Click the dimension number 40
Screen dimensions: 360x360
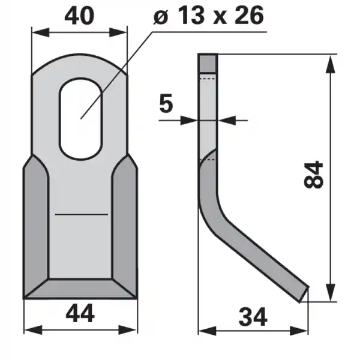79,16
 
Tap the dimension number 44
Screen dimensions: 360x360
80,313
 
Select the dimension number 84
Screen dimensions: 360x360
313,175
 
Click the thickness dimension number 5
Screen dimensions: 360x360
166,103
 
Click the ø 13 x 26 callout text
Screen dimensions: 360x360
208,16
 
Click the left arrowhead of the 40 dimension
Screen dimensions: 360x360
40,32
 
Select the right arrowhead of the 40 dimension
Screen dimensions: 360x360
118,32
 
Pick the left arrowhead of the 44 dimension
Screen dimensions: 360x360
33,329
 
